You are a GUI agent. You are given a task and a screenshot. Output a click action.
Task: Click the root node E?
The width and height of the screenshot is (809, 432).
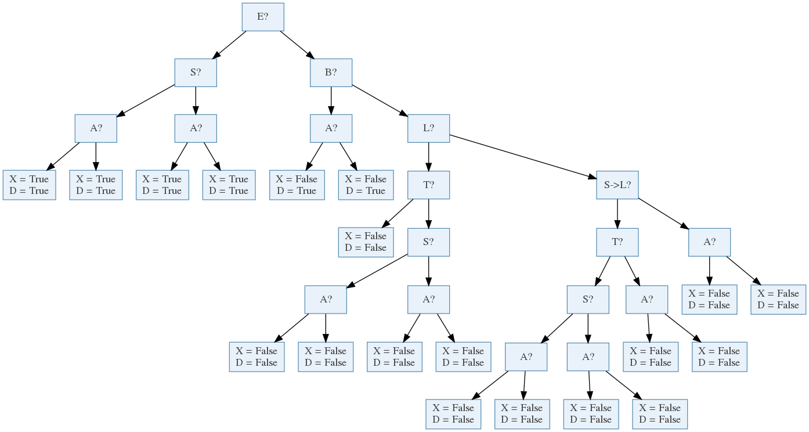pos(263,17)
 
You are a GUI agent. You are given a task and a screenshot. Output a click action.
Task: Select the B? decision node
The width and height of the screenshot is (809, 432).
pos(331,73)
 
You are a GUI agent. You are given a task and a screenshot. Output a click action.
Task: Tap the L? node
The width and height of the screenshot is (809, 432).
pos(428,128)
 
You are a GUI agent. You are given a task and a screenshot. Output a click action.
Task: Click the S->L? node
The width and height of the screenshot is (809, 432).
pos(617,185)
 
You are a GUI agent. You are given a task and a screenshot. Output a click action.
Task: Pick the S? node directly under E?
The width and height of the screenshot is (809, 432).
pos(196,73)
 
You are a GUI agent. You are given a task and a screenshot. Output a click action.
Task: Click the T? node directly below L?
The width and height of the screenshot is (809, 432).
pos(428,185)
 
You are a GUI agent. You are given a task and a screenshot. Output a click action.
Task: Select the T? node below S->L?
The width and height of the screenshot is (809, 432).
pos(617,242)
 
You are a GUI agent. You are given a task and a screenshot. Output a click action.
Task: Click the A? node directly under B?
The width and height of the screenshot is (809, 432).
pos(331,128)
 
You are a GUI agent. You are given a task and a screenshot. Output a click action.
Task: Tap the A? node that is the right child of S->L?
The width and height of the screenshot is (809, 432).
pos(709,242)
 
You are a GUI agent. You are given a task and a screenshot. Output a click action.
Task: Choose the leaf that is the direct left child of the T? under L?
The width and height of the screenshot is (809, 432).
pos(366,242)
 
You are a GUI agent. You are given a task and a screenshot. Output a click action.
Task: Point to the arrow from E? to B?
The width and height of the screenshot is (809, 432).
pos(297,45)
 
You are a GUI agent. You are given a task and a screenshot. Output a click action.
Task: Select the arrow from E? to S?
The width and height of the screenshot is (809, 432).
pos(229,45)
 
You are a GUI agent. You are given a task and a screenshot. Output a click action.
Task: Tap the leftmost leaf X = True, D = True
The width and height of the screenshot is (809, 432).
pos(29,185)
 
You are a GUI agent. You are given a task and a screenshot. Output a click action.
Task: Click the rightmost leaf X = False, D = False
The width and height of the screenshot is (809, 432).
pos(778,299)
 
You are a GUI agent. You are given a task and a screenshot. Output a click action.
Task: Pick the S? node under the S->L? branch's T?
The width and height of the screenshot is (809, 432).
pos(588,299)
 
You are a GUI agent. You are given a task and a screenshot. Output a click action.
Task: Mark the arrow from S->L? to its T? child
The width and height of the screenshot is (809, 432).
pos(617,213)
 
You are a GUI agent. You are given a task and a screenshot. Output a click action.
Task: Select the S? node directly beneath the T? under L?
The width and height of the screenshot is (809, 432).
pos(428,242)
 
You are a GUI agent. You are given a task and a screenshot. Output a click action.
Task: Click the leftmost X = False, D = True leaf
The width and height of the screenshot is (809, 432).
pos(297,185)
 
